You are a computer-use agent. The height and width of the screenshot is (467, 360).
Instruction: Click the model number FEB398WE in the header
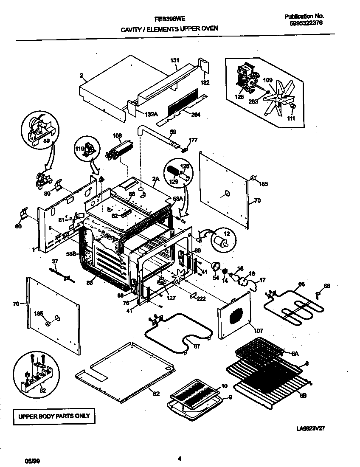point(169,19)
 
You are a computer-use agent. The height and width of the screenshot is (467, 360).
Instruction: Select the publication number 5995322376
point(303,24)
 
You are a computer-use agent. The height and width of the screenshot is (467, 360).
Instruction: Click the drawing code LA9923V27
point(313,429)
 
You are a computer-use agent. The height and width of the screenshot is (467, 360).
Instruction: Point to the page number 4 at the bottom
point(180,459)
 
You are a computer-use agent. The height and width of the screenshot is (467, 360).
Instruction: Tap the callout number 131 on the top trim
point(175,60)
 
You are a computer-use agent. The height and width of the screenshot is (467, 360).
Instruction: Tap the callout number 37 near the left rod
point(54,261)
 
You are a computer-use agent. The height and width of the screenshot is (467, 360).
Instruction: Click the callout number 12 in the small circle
point(227,234)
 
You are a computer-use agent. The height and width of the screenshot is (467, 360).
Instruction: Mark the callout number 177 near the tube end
point(193,140)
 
